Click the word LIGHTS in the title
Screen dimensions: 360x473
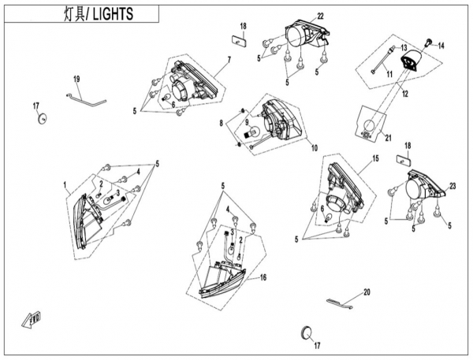click(x=113, y=14)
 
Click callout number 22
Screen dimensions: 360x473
click(x=299, y=16)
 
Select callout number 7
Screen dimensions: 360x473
click(x=229, y=60)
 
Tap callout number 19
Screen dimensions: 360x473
click(x=77, y=79)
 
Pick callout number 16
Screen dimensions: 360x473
click(x=263, y=277)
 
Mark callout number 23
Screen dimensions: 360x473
click(x=453, y=186)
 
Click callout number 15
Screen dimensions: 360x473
click(x=376, y=158)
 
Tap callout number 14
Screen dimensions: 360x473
click(x=441, y=46)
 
